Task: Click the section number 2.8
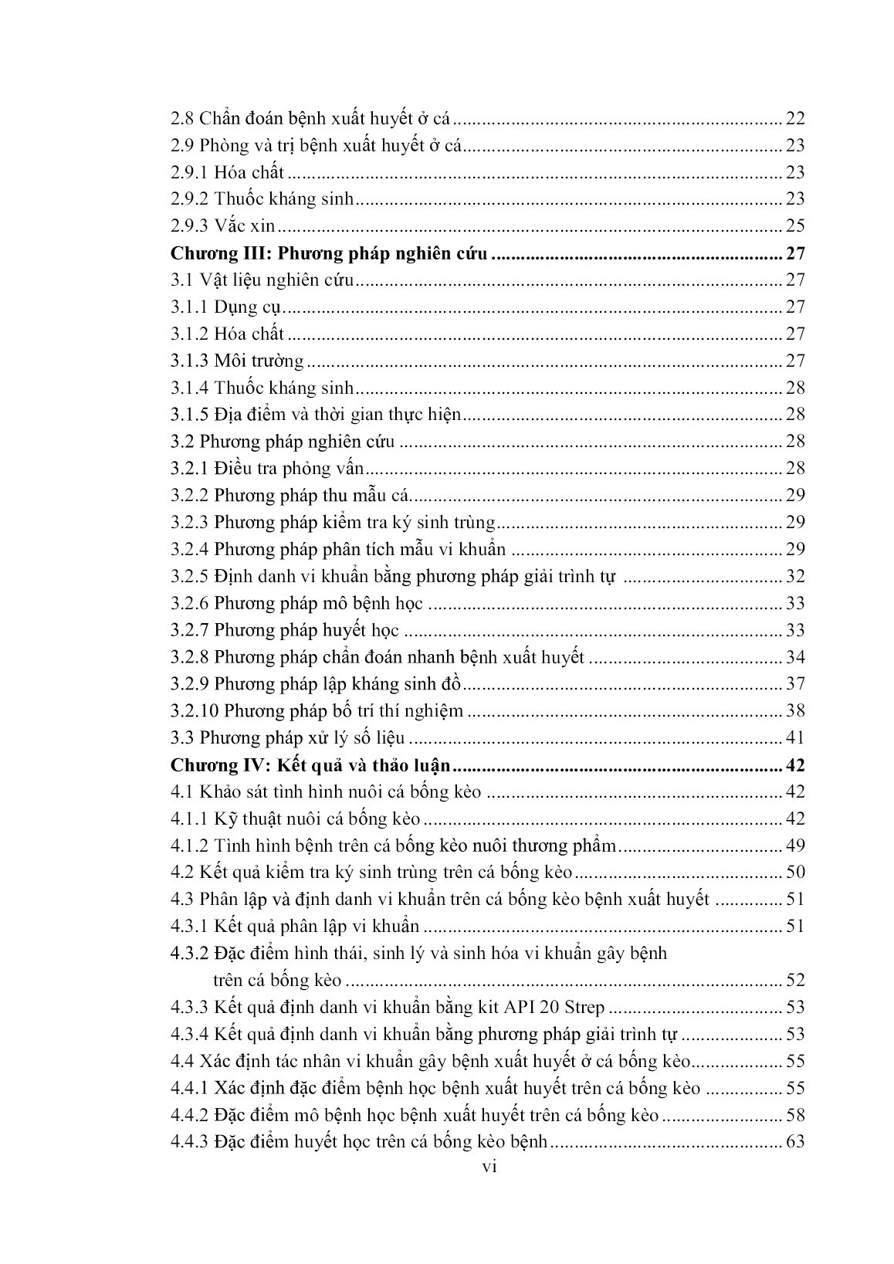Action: click(x=182, y=118)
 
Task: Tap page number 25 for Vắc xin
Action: click(x=795, y=225)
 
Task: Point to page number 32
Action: click(x=795, y=576)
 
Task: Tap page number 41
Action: click(x=795, y=737)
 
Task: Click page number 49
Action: click(x=795, y=845)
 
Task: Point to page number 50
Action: click(x=795, y=873)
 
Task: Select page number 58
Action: click(x=795, y=1115)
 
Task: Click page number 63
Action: click(x=795, y=1142)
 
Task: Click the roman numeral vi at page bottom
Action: click(x=489, y=1167)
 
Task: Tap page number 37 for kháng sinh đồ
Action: click(x=795, y=683)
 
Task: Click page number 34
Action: click(x=795, y=657)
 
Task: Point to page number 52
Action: click(x=795, y=981)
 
